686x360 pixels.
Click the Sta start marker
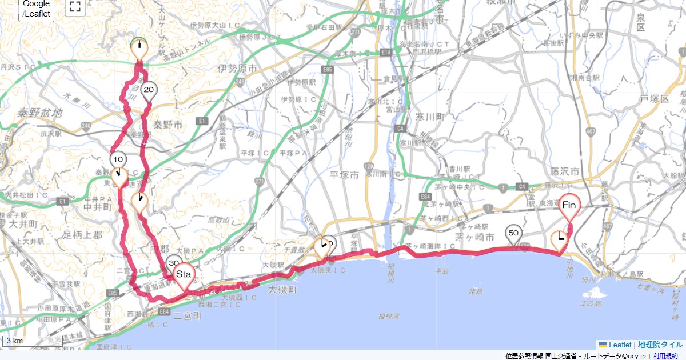tap(184, 274)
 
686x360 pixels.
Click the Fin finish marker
tap(569, 205)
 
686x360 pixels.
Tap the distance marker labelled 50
tap(513, 233)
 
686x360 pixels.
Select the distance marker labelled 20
tap(149, 90)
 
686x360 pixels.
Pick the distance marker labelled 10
tap(118, 159)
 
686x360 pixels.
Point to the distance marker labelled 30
tap(173, 263)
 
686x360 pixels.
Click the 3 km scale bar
tap(15, 341)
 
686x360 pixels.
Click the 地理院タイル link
tap(660, 345)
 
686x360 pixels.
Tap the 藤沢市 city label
tap(566, 171)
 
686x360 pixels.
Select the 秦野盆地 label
tap(40, 113)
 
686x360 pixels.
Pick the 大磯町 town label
tap(283, 290)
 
